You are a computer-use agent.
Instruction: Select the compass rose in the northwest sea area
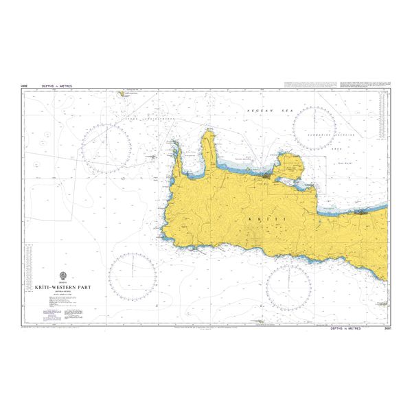(x=106, y=148)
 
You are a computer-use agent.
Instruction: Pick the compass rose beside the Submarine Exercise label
(x=314, y=128)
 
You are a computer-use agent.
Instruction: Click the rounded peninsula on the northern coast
(x=289, y=165)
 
